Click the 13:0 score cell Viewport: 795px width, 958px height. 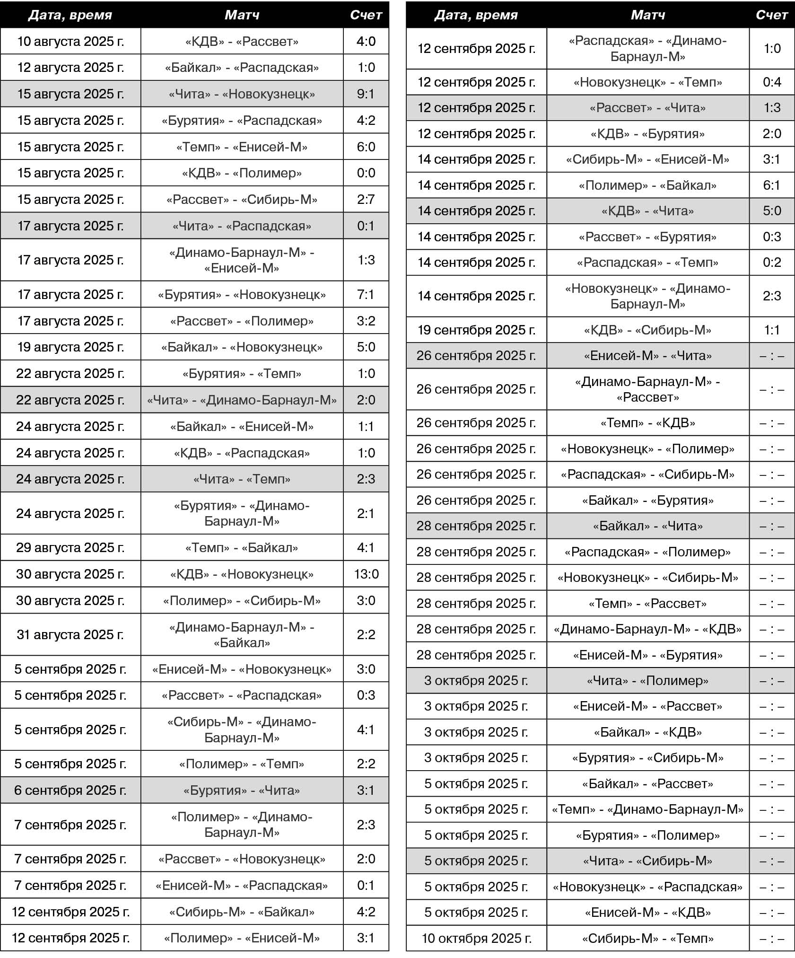pyautogui.click(x=366, y=574)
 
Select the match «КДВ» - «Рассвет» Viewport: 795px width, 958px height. pyautogui.click(x=242, y=41)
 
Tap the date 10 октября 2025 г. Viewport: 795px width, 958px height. pyautogui.click(x=476, y=938)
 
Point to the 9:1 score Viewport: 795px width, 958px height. pyautogui.click(x=366, y=94)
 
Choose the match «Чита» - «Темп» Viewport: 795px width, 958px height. pyautogui.click(x=242, y=479)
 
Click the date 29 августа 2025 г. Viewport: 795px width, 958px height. pyautogui.click(x=70, y=547)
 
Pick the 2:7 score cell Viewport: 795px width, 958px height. pyautogui.click(x=366, y=199)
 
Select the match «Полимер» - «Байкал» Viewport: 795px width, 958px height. pyautogui.click(x=647, y=185)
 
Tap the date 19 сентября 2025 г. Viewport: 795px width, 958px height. pyautogui.click(x=476, y=330)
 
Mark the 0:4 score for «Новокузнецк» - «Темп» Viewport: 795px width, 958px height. pyautogui.click(x=772, y=82)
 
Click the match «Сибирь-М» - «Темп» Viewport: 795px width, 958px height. pyautogui.click(x=647, y=938)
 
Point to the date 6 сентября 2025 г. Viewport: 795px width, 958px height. pyautogui.click(x=70, y=790)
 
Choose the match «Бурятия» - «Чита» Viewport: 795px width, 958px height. pyautogui.click(x=242, y=790)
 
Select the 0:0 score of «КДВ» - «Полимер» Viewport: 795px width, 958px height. pyautogui.click(x=366, y=173)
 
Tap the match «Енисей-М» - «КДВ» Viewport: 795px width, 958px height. pyautogui.click(x=647, y=912)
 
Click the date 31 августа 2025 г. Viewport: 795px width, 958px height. pyautogui.click(x=70, y=634)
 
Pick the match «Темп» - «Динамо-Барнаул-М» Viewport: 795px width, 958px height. pyautogui.click(x=647, y=809)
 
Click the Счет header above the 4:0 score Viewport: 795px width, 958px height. pyautogui.click(x=366, y=15)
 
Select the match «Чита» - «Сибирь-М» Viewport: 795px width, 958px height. pyautogui.click(x=647, y=861)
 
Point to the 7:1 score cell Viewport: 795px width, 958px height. pyautogui.click(x=366, y=294)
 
